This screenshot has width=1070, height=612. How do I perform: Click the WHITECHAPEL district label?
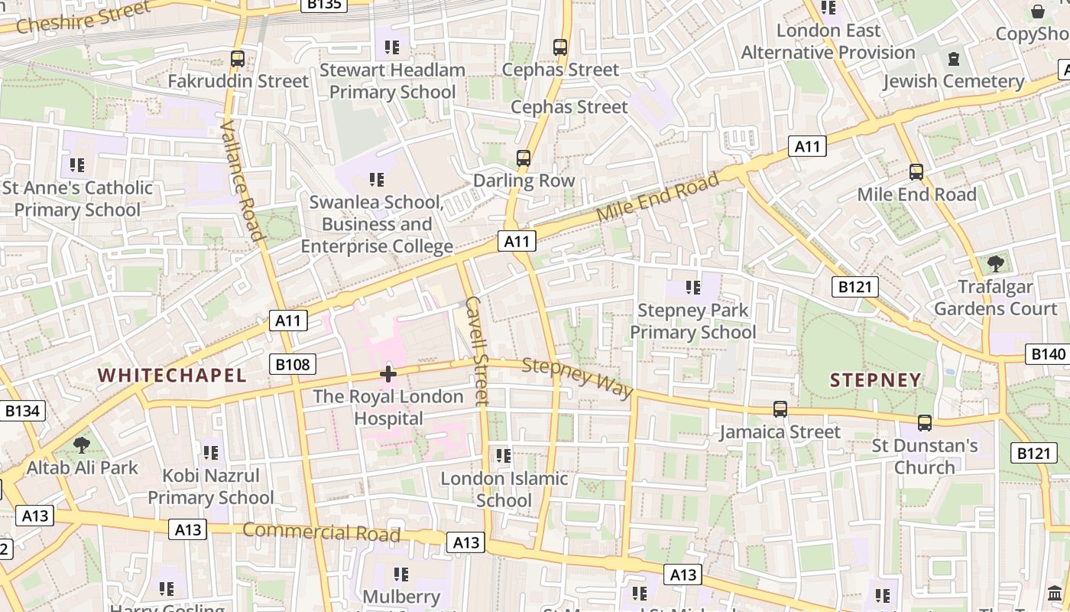pos(172,375)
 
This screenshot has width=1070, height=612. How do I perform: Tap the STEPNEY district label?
pos(875,380)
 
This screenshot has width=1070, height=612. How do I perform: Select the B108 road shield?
pos(293,364)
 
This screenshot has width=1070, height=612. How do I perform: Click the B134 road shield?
pos(22,411)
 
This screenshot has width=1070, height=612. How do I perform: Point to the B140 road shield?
pos(1047,353)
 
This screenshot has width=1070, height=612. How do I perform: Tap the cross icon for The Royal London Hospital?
pos(388,374)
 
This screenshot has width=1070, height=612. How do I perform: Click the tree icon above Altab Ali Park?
pos(81,444)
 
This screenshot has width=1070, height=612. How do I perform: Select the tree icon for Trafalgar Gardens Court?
pos(995,264)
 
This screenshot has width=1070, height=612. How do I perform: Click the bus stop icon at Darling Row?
pos(524,158)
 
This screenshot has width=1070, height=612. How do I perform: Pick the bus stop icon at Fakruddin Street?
pos(238,58)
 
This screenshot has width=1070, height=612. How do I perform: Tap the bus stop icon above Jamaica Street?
pos(780,409)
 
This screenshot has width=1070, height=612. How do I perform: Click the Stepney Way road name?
pos(578,376)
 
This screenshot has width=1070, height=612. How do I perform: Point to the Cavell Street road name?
pos(475,350)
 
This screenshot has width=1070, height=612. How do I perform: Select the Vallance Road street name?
pos(242,180)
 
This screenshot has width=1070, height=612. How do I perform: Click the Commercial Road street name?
pos(321,532)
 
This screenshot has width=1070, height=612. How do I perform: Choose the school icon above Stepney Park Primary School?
pos(692,288)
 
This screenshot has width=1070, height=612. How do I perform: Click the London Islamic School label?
pos(504,490)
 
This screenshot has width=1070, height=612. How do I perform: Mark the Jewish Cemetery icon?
pos(953,58)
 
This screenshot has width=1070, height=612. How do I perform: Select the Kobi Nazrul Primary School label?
pos(210,487)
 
